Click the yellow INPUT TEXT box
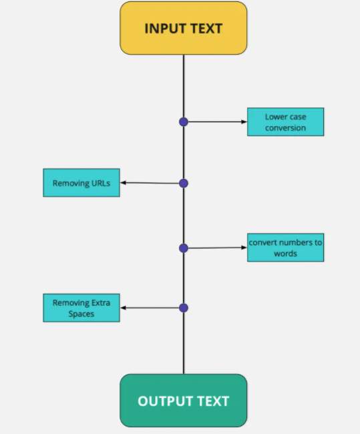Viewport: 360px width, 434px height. tap(183, 28)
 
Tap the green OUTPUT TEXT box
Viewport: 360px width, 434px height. tap(183, 401)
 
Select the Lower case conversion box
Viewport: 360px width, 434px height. tap(285, 122)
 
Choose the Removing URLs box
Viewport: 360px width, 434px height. tap(81, 182)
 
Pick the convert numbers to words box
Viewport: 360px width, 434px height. tap(285, 248)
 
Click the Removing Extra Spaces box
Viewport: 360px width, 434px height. tap(81, 308)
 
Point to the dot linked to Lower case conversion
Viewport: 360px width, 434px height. tap(184, 122)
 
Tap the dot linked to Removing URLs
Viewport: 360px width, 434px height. tap(184, 183)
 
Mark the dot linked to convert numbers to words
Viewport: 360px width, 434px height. tap(184, 248)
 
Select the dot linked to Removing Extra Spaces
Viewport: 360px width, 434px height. tap(184, 308)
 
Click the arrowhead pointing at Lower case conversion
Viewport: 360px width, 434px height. tap(244, 122)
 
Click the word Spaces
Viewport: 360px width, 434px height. tap(81, 314)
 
